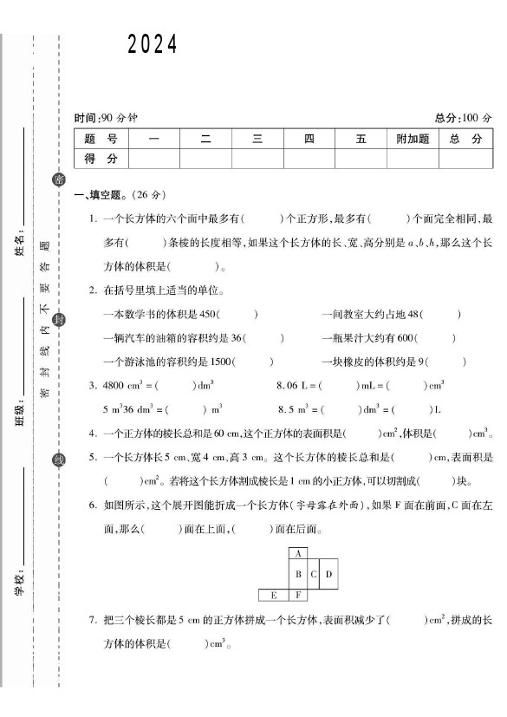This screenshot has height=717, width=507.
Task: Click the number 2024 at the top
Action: tap(153, 45)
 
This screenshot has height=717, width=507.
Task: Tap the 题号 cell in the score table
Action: tap(101, 139)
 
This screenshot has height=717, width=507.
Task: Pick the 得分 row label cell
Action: tap(101, 159)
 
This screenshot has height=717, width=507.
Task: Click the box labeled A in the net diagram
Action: tap(298, 553)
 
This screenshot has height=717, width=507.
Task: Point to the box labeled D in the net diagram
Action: tap(328, 574)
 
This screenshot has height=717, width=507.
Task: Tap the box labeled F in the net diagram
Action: tap(298, 596)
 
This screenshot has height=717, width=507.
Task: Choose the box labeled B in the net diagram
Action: tap(298, 574)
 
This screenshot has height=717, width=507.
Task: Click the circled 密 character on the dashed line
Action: tap(59, 179)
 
